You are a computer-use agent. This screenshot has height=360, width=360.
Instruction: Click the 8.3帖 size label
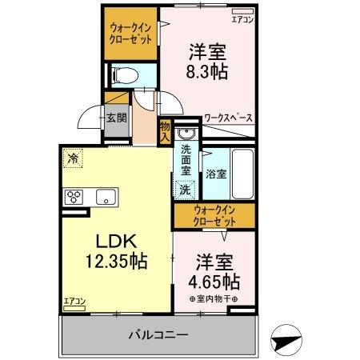tap(206, 71)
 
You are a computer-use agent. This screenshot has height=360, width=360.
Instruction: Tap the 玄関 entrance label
tap(114, 118)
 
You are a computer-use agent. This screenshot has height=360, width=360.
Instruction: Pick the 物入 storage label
tap(164, 130)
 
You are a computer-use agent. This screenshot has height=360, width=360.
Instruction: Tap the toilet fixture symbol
tap(125, 75)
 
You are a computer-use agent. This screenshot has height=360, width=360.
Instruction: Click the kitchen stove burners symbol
tap(76, 196)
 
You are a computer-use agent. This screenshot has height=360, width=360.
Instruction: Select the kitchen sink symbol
tap(105, 197)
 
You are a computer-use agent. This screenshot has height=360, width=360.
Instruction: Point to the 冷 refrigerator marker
tap(74, 158)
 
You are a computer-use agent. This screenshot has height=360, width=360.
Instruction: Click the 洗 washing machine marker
tap(185, 190)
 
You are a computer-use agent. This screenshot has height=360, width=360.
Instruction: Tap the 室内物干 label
tap(214, 299)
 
